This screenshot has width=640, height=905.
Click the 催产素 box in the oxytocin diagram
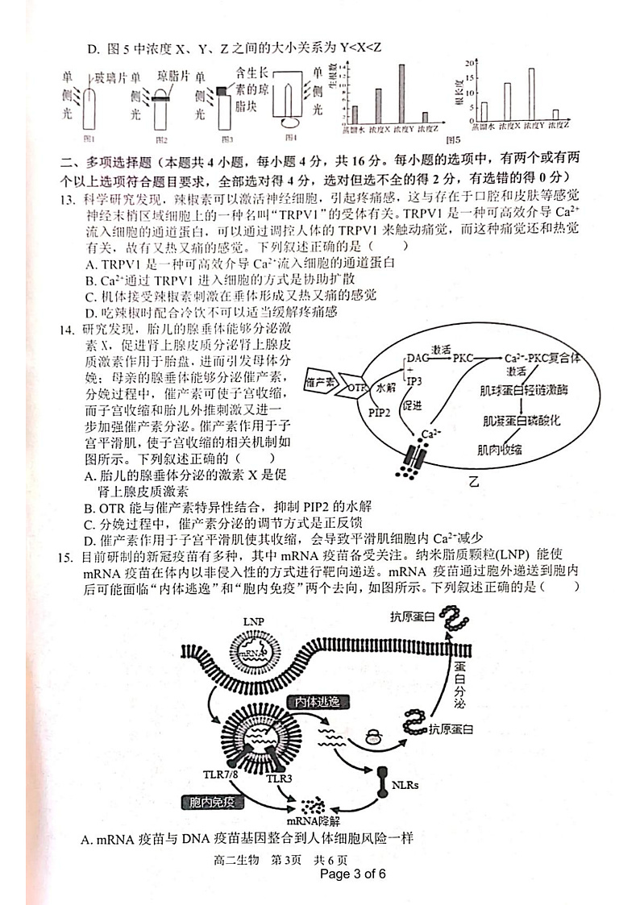tap(321, 381)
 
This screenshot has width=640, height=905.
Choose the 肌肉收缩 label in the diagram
tap(499, 450)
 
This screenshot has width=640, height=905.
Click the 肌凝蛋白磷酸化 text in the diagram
tap(522, 420)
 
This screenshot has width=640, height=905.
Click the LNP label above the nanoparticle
tap(254, 622)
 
